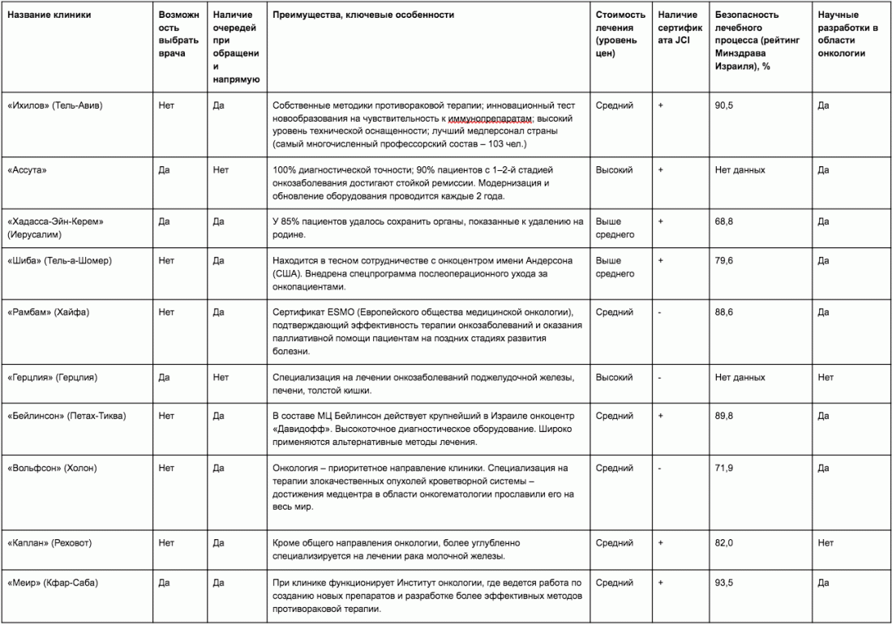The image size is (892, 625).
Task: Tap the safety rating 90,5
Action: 724,105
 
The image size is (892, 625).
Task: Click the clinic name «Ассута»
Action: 27,170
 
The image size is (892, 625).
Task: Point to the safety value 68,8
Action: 724,220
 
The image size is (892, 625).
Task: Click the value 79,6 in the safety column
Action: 724,261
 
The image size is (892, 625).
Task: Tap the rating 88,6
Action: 724,312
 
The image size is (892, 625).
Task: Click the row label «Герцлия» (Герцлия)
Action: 54,377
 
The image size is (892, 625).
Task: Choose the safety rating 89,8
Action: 724,416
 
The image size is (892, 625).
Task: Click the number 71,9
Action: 724,468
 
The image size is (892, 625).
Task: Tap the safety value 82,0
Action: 724,543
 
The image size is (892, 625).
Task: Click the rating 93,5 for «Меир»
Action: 724,582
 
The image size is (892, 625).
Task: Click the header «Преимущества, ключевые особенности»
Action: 363,15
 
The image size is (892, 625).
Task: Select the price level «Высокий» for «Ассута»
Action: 615,170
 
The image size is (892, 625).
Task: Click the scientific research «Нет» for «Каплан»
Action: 826,543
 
